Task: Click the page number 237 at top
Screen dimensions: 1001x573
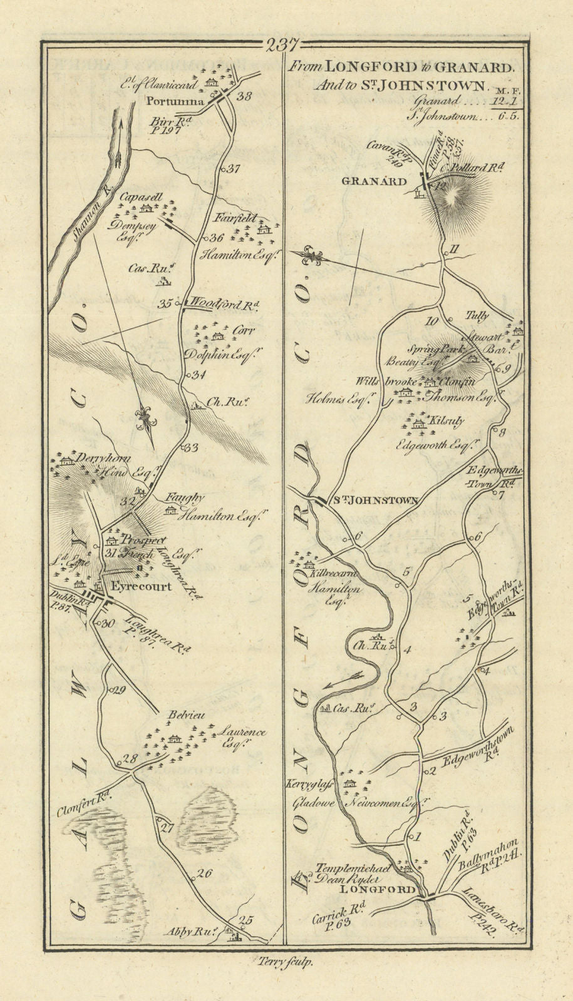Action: click(282, 45)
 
